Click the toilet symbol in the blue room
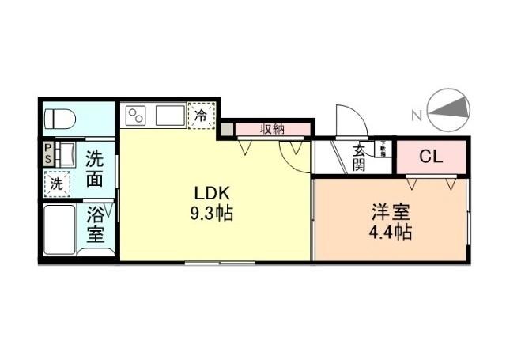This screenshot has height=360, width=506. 59,119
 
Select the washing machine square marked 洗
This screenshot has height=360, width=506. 57,183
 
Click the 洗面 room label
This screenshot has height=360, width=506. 94,168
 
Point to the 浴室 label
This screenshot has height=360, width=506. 95,224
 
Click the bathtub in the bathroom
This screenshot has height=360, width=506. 59,229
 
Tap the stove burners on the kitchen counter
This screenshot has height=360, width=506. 135,116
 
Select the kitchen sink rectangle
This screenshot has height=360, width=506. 169,116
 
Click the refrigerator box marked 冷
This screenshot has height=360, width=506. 201,115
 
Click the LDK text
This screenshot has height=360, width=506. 213,194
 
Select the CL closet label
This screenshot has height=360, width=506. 431,156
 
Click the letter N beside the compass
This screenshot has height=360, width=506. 417,116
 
